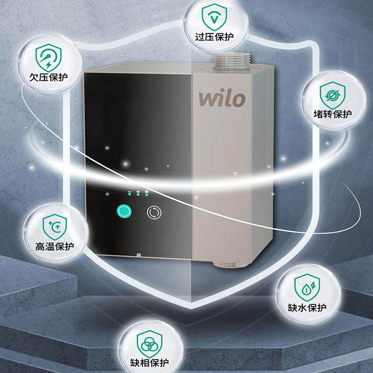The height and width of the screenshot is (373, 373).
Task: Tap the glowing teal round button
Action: click(124, 212)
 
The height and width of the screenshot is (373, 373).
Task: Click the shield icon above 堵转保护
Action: click(332, 94)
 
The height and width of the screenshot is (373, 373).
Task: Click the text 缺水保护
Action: click(307, 307)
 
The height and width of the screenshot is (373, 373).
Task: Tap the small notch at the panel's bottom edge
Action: click(138, 255)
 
